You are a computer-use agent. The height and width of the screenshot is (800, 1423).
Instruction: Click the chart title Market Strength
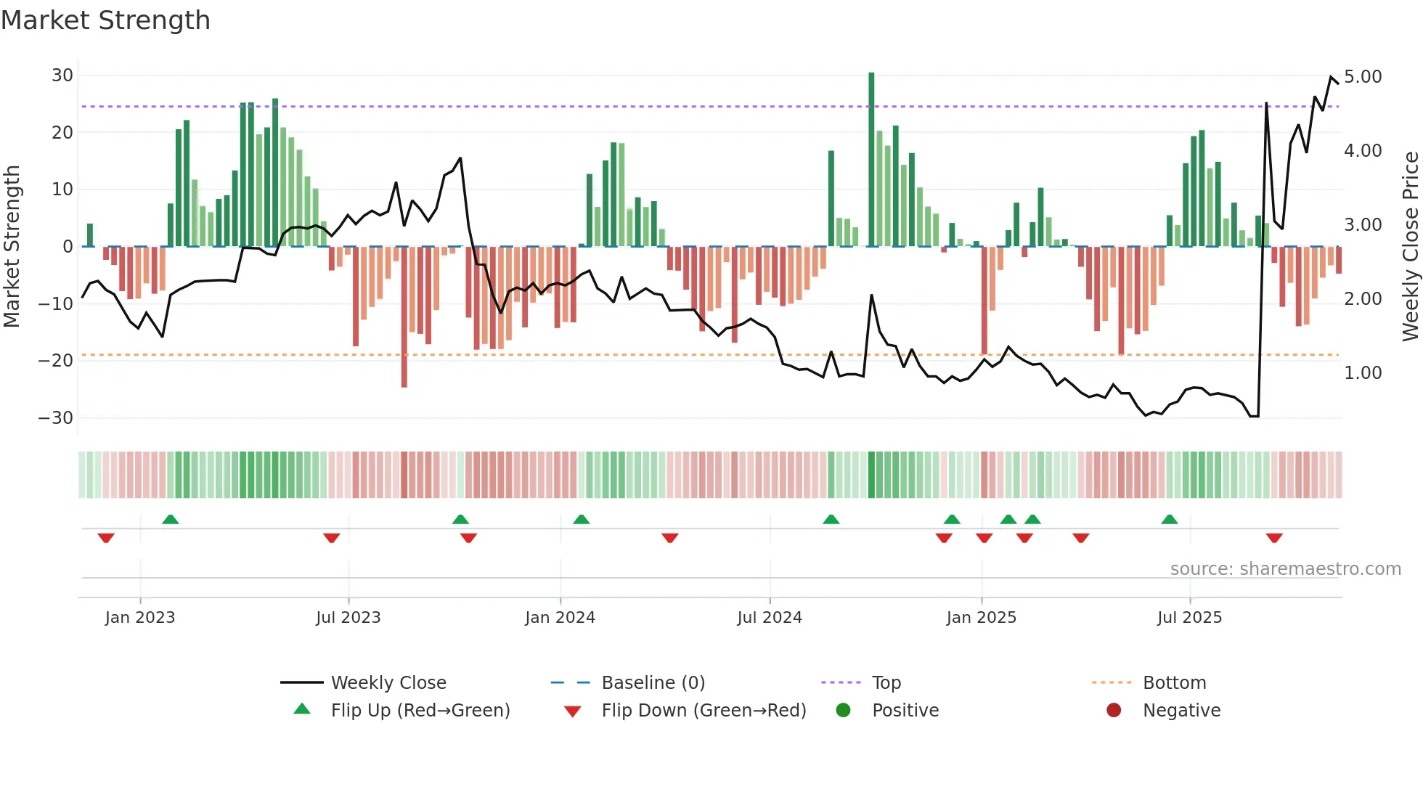point(106,20)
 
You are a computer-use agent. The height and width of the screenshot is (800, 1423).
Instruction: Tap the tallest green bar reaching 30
point(871,160)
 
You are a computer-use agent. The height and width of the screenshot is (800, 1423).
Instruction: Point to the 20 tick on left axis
point(62,133)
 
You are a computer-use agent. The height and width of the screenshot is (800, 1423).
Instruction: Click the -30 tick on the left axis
point(56,418)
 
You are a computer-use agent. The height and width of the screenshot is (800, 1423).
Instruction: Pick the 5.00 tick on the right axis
point(1363,77)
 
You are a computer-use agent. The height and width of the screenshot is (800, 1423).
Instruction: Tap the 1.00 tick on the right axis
point(1363,373)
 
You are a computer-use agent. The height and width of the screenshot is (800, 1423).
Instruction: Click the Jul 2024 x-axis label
point(770,618)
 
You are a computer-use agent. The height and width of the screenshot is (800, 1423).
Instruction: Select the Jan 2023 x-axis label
point(140,618)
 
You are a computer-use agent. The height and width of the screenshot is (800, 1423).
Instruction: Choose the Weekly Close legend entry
point(388,683)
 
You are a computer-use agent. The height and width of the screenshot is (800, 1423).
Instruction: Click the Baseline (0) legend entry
point(653,683)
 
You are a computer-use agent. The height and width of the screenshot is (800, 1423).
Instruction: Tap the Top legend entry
point(886,683)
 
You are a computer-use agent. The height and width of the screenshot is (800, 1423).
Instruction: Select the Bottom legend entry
point(1174,683)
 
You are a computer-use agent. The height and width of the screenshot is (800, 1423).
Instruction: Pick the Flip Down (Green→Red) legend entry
point(704,711)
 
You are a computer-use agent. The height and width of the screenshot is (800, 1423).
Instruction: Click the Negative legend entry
point(1181,711)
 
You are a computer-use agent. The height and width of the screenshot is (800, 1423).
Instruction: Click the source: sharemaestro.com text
point(1285,569)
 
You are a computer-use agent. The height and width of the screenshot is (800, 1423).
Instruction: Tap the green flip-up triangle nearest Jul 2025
point(1169,520)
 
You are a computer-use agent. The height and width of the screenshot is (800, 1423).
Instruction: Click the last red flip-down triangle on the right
point(1274,538)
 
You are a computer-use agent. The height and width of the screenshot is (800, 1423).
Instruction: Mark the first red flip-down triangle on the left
point(106,538)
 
